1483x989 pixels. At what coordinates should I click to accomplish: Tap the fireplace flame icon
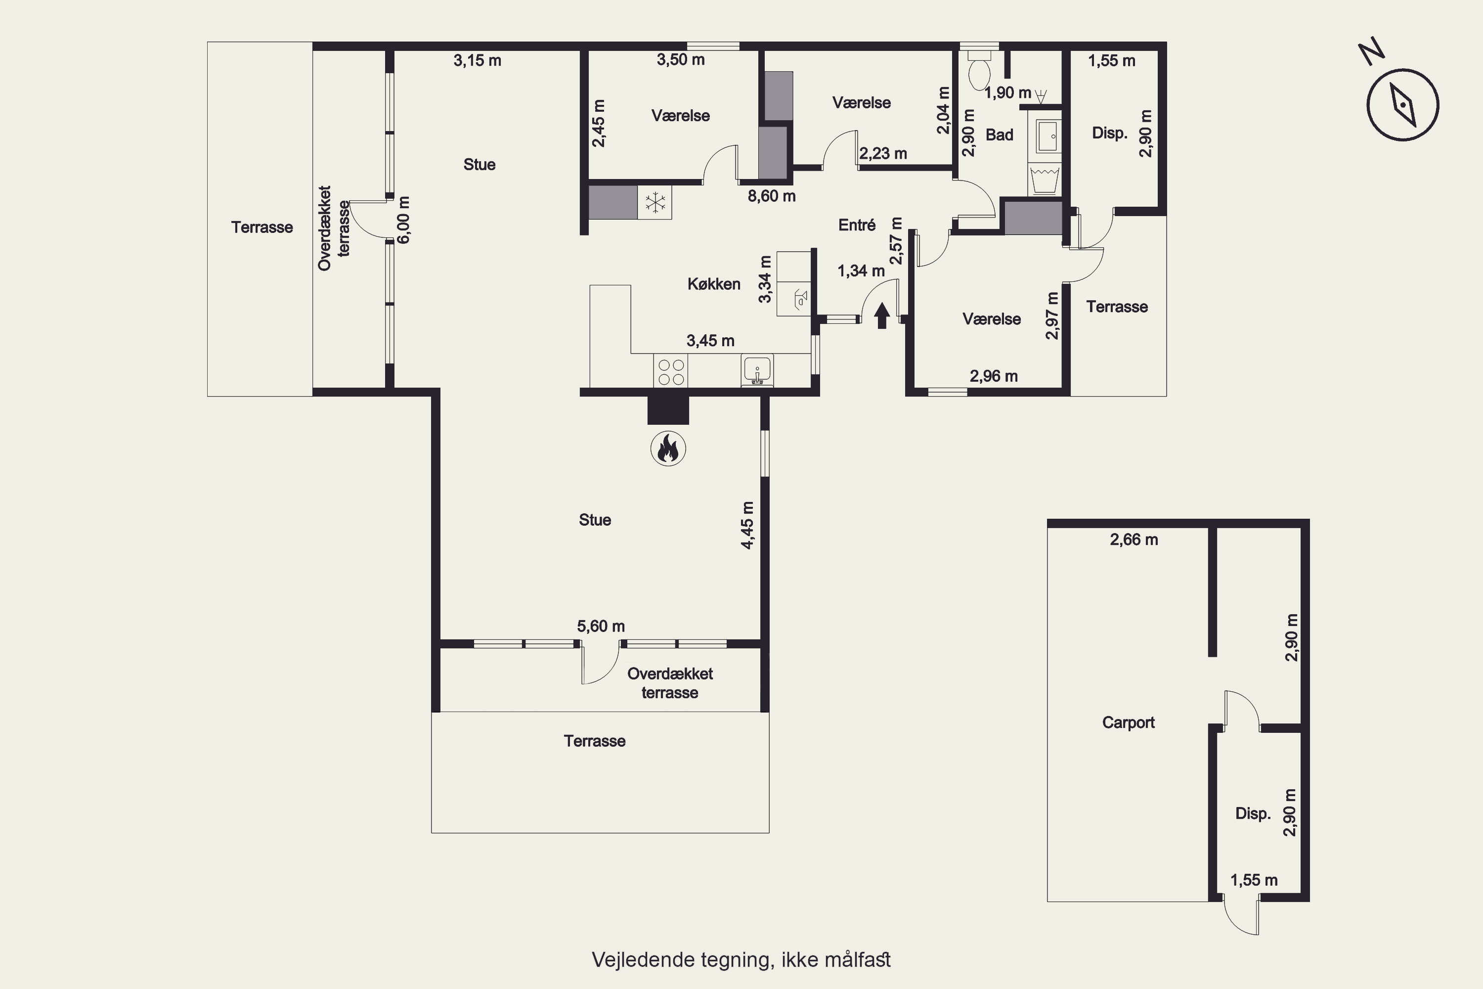(x=668, y=449)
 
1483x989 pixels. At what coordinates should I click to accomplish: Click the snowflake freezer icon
(x=655, y=202)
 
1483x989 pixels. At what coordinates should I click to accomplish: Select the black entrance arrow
(x=881, y=315)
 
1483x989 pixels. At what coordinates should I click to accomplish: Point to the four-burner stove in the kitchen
(x=670, y=371)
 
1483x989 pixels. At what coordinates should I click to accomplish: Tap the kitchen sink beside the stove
(x=757, y=370)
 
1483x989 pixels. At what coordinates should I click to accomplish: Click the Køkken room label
(x=714, y=284)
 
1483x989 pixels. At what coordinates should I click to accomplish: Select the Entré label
(x=857, y=225)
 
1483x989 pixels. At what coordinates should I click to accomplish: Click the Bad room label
(x=1000, y=135)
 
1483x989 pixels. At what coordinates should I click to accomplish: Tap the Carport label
(x=1128, y=722)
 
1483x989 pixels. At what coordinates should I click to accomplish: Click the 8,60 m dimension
(x=772, y=196)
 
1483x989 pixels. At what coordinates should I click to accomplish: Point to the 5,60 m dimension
(x=601, y=627)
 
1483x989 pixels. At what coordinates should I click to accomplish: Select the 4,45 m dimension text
(x=747, y=525)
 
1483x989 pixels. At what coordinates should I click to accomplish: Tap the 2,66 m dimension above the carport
(x=1134, y=540)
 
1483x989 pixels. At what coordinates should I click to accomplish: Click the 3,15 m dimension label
(x=478, y=60)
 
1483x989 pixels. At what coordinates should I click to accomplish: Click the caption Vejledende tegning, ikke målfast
(x=741, y=960)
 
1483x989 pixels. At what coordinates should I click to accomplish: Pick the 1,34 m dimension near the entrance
(x=861, y=271)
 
